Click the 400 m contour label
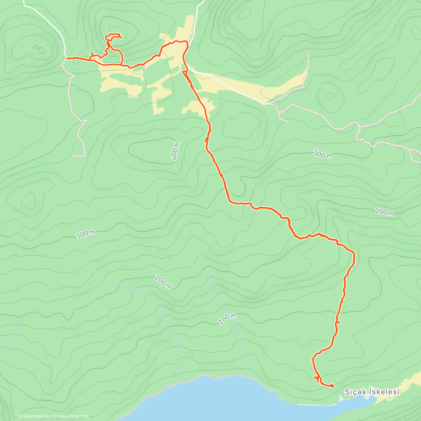pos(176,151)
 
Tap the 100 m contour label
pos(227,319)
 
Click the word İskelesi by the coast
pos(385,392)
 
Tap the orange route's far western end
pos(66,58)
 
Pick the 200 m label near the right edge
pos(384,212)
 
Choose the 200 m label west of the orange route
pos(163,282)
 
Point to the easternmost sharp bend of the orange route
pos(354,253)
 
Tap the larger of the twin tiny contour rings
pos(41,51)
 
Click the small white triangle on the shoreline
pos(342,399)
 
